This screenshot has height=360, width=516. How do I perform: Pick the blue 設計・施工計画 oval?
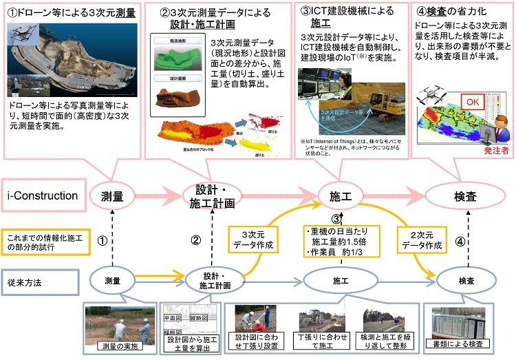(216, 281)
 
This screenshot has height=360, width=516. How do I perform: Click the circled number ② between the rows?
(195, 241)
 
